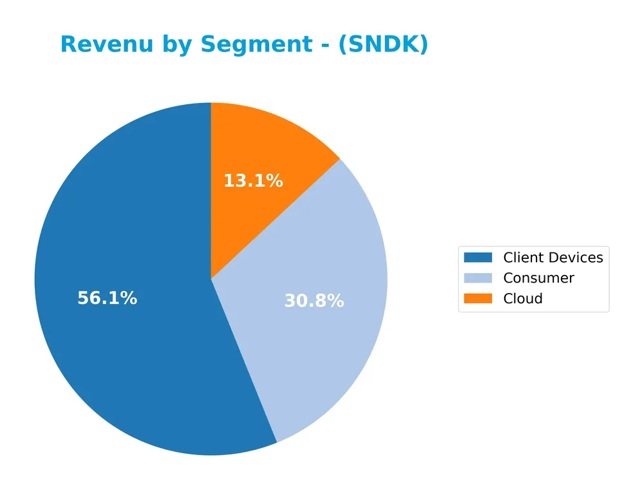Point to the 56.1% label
pyautogui.click(x=107, y=298)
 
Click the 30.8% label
pyautogui.click(x=314, y=301)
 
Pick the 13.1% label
pyautogui.click(x=253, y=182)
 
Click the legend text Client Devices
pyautogui.click(x=553, y=258)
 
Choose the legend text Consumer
pyautogui.click(x=538, y=278)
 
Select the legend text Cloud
pyautogui.click(x=522, y=299)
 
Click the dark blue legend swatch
pyautogui.click(x=477, y=258)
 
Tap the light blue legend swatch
pyautogui.click(x=477, y=278)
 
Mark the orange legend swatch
pyautogui.click(x=477, y=298)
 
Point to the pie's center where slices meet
pyautogui.click(x=211, y=279)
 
